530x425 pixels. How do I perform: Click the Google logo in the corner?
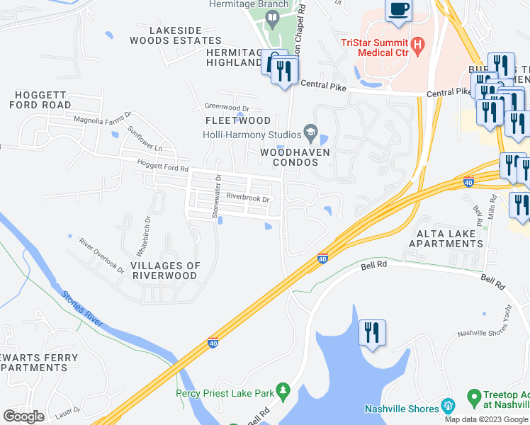tap(23, 416)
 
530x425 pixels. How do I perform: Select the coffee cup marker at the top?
tap(398, 11)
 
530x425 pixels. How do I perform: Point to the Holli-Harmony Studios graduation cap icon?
tap(310, 131)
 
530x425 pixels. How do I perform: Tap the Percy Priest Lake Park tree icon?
tap(283, 390)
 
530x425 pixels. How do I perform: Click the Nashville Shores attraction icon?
tap(447, 407)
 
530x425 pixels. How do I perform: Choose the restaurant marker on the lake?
tap(371, 332)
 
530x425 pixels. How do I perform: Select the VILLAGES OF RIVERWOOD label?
tap(165, 271)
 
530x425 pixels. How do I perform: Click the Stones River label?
tap(84, 310)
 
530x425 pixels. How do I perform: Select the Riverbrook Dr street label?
tap(248, 199)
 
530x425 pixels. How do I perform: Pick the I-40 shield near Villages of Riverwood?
tap(213, 343)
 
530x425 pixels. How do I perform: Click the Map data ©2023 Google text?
tap(485, 419)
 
